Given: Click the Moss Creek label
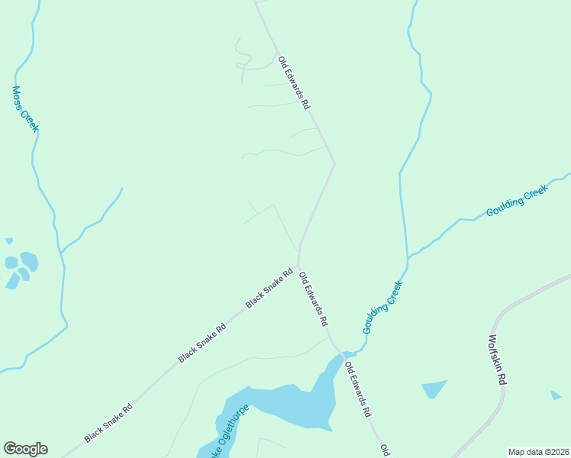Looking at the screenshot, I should tap(24, 108).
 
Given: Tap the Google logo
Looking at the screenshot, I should tap(25, 449).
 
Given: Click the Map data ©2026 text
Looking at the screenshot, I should tap(538, 452).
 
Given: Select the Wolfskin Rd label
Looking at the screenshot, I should tap(497, 360).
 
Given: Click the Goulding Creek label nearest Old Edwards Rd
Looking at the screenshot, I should tap(382, 307).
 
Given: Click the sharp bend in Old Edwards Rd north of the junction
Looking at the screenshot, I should tap(334, 162).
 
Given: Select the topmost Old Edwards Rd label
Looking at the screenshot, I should tap(294, 82).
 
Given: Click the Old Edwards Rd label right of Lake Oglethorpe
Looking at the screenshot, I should tap(356, 389).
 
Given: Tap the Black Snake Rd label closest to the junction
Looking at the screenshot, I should tap(269, 289).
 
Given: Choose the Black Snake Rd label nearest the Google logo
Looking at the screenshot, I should tap(108, 423).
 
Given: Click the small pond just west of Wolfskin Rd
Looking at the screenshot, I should tap(434, 388).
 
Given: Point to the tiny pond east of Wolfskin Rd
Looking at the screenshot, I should tap(556, 395).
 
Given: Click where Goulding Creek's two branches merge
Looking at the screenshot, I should tap(407, 257).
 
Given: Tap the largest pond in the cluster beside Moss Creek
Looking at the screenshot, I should tap(29, 261).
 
